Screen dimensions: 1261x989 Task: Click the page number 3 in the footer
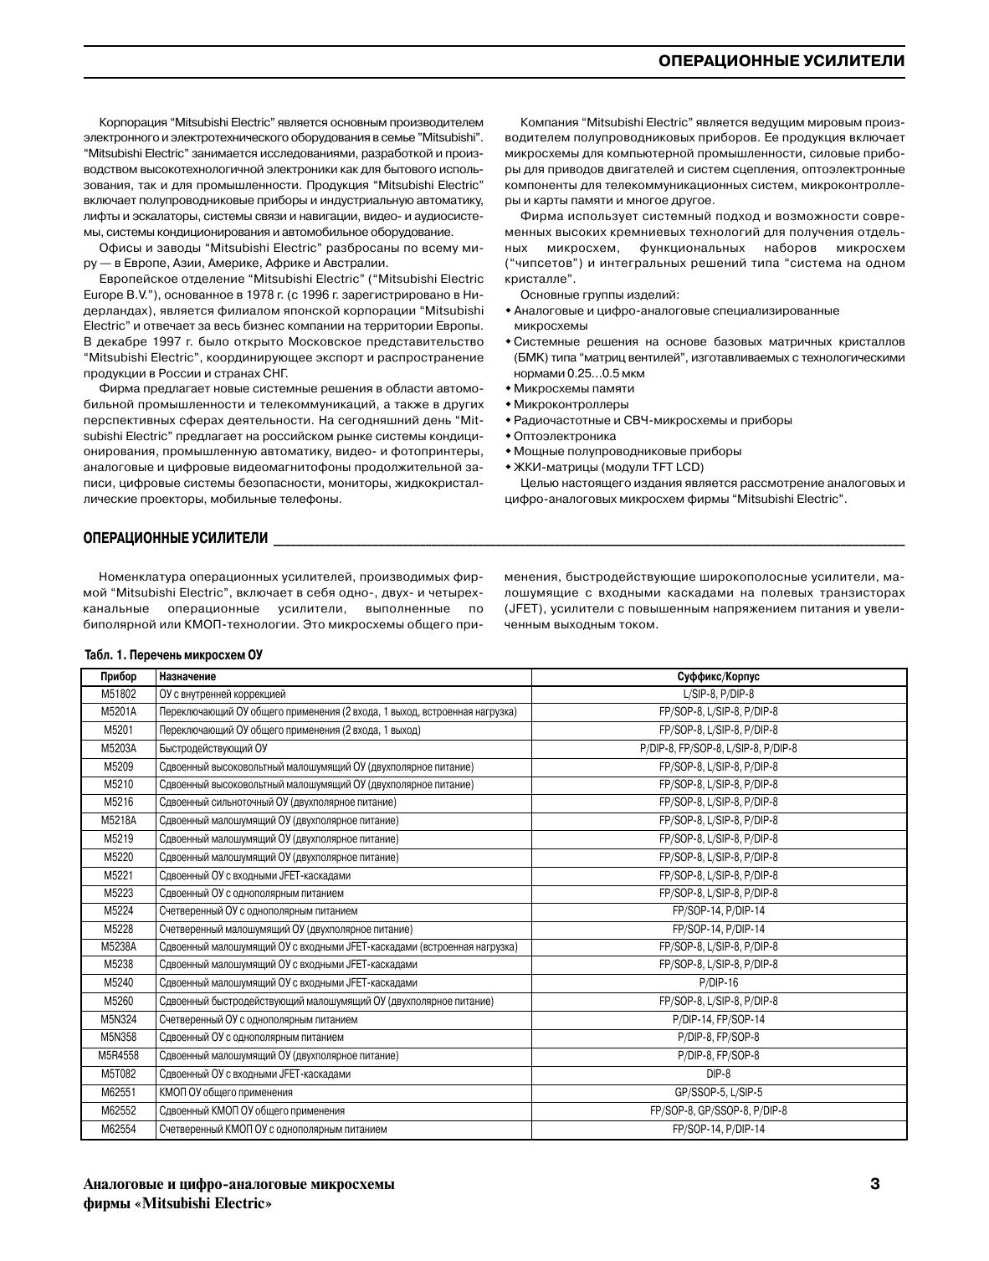click(x=875, y=1183)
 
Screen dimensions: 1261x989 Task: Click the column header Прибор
click(x=118, y=676)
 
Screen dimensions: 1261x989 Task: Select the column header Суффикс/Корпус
click(x=718, y=676)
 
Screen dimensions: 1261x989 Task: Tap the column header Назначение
click(x=187, y=676)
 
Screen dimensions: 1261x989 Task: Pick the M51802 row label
click(x=118, y=695)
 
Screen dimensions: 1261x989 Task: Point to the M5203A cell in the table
click(x=118, y=749)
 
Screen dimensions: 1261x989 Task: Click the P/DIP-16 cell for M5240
click(x=718, y=983)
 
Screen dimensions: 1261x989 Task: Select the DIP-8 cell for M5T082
click(x=718, y=1074)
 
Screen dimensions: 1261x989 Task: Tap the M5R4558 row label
click(x=118, y=1056)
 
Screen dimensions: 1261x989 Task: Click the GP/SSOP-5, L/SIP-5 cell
click(x=718, y=1092)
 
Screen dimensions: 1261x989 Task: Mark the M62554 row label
click(x=118, y=1129)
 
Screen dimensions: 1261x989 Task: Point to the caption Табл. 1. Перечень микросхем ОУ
click(x=173, y=655)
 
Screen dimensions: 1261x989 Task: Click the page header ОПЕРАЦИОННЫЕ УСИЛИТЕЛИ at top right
click(x=781, y=61)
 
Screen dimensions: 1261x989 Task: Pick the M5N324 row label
click(x=118, y=1019)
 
